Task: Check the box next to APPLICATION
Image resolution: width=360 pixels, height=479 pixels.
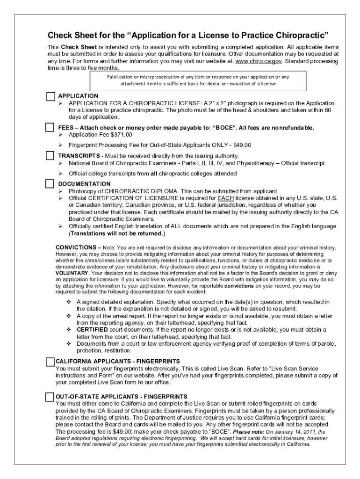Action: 50,96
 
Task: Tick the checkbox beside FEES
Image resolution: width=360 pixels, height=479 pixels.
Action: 50,128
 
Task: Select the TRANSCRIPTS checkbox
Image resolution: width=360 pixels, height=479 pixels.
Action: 50,155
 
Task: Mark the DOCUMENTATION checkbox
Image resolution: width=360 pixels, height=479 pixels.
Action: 50,183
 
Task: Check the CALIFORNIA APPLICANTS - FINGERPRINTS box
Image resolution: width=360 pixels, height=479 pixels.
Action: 50,362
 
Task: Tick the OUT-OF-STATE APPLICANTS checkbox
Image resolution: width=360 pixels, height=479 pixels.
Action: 50,397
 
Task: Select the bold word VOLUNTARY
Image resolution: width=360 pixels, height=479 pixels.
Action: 71,272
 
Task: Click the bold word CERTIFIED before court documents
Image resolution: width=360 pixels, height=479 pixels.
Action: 93,329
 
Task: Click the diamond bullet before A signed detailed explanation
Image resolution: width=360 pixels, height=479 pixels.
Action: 69,302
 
